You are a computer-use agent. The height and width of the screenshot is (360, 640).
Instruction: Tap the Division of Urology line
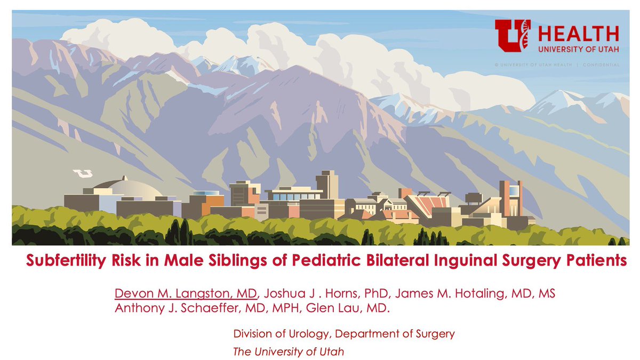344,334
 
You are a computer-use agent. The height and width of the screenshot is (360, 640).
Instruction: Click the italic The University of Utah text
289,351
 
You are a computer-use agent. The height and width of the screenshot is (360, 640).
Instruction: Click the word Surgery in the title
515,261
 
